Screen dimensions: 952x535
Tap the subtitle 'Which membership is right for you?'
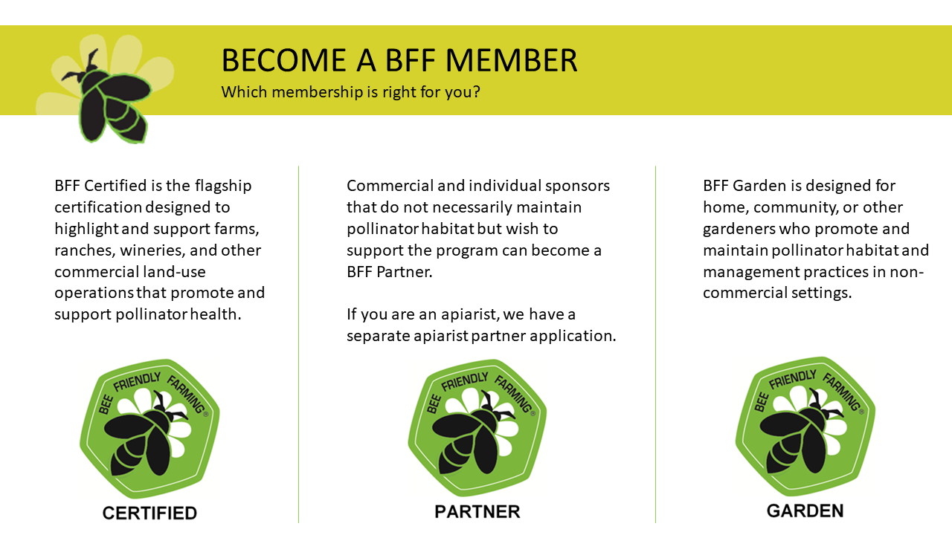click(350, 92)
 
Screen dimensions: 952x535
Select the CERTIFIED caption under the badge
click(149, 513)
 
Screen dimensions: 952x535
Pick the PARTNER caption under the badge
click(477, 512)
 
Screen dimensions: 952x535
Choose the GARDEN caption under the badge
click(805, 510)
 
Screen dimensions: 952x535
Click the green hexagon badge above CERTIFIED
click(149, 429)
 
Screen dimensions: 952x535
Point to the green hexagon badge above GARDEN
click(805, 427)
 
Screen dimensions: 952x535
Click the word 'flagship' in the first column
click(223, 186)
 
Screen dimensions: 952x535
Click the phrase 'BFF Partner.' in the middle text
click(389, 272)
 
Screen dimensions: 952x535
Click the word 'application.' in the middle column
click(573, 337)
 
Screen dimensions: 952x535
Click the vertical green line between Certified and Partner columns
click(299, 344)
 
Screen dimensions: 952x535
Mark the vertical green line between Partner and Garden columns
click(656, 344)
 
